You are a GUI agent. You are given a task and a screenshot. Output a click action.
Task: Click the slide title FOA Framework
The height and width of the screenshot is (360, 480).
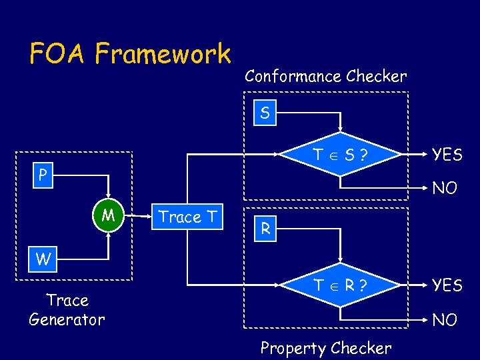[x=130, y=53]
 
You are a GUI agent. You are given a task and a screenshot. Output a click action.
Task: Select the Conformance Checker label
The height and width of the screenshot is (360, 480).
[x=325, y=76]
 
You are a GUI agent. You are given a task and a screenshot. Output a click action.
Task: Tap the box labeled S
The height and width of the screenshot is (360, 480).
[x=265, y=113]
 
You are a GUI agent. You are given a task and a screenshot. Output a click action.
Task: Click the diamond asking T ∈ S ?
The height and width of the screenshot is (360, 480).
[x=341, y=155]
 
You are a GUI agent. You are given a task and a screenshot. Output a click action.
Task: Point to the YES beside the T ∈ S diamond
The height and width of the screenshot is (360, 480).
[x=447, y=155]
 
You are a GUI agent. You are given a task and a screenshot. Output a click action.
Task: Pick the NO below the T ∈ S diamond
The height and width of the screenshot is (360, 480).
[x=445, y=189]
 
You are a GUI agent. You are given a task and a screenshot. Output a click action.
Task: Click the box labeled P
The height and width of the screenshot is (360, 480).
[x=43, y=175]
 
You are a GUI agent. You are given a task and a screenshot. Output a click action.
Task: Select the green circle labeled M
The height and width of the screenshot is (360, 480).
[x=107, y=216]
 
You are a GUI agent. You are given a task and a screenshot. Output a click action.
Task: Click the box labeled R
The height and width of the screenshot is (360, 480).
[x=265, y=229]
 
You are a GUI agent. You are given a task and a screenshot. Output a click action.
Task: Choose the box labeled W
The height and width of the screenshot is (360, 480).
[x=43, y=259]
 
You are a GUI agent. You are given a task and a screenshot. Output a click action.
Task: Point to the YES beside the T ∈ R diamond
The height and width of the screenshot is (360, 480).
[x=447, y=285]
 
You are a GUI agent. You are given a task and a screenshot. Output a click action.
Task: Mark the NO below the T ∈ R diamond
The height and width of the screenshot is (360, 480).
[x=445, y=320]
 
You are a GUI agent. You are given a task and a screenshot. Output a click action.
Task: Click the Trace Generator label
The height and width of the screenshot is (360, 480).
[x=67, y=310]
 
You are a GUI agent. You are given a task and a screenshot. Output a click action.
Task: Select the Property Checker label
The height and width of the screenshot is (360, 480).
[x=325, y=348]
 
